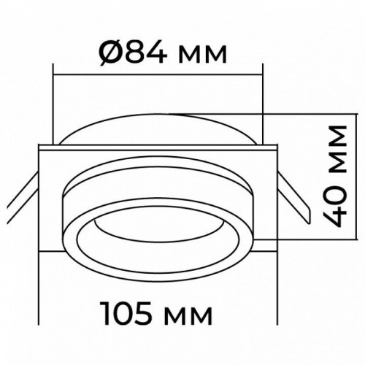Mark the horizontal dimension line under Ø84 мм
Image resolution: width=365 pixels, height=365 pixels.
click(x=158, y=72)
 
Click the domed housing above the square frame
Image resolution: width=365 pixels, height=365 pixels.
click(x=158, y=128)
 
